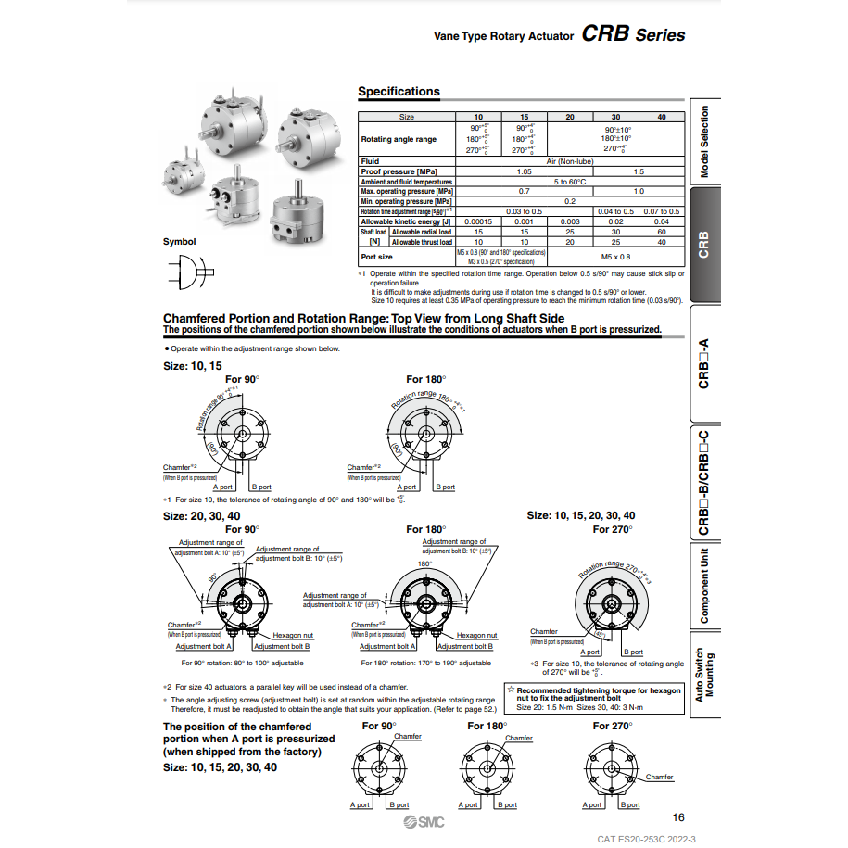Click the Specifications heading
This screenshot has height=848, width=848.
(399, 92)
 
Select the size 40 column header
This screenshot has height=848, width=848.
(661, 118)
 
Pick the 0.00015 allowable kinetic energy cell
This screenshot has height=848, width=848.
(478, 222)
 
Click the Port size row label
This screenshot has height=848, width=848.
(376, 257)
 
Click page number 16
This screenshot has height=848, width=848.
(678, 817)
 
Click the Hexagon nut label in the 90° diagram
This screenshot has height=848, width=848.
(293, 635)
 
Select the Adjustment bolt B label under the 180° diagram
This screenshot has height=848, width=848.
(465, 646)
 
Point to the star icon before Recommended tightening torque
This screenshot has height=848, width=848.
(511, 690)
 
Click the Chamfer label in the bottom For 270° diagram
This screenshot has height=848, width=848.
(659, 778)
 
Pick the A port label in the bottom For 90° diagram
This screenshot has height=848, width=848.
(360, 805)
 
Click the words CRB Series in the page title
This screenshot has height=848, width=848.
(634, 35)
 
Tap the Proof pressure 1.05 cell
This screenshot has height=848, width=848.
(524, 171)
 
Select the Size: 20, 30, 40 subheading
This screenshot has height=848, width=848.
(201, 515)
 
